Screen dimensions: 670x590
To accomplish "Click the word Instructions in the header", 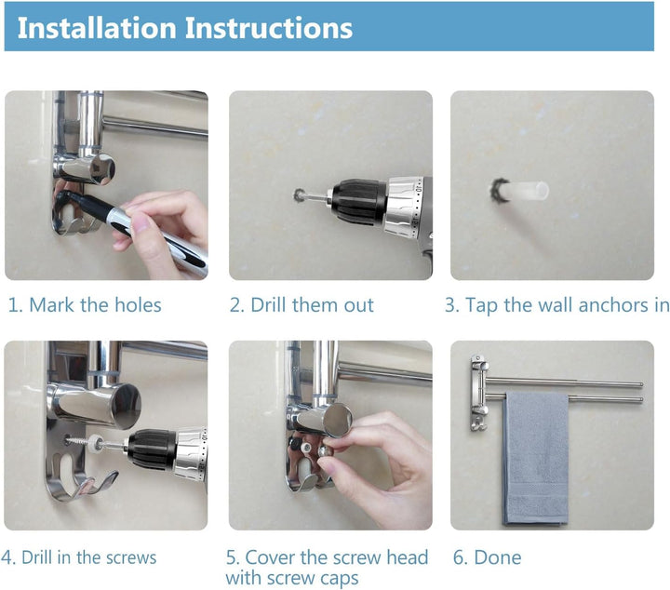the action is click(x=269, y=28).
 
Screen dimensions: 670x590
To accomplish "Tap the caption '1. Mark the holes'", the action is click(x=85, y=305).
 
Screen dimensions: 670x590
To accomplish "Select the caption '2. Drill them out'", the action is click(x=301, y=305).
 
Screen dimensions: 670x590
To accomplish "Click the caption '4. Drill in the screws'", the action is click(x=78, y=557).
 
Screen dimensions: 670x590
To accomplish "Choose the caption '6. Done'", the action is click(x=487, y=557).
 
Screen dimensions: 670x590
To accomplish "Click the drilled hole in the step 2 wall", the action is click(x=299, y=194).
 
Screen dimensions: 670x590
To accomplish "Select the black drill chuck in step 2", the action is click(x=359, y=202).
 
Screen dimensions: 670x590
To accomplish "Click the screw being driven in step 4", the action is click(x=80, y=442).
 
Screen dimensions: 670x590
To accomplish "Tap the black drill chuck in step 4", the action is click(x=152, y=449).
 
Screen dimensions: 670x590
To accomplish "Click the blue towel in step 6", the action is click(x=535, y=458).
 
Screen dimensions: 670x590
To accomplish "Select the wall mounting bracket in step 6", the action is click(x=478, y=392).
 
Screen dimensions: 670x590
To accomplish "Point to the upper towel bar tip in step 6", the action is click(x=641, y=385).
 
